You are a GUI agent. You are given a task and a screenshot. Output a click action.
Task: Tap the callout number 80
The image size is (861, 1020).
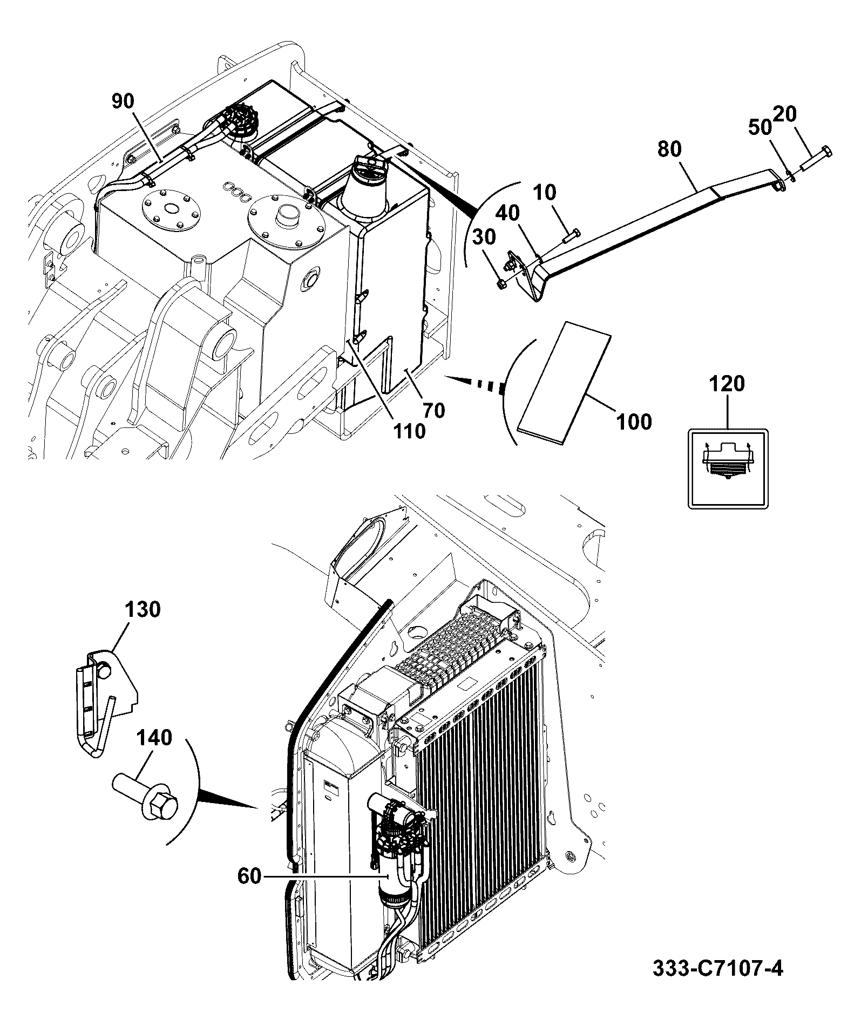(669, 149)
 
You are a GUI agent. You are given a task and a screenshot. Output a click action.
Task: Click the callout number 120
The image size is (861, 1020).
(727, 384)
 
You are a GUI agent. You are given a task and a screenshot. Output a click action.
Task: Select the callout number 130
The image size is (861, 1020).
(143, 609)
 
